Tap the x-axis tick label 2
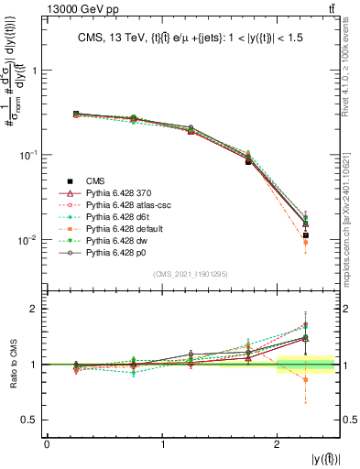click(278, 443)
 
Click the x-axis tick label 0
click(47, 443)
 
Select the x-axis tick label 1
click(162, 443)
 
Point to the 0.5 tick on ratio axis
click(34, 420)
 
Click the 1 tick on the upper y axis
click(37, 71)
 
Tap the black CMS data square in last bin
click(306, 235)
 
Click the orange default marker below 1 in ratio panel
click(306, 379)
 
